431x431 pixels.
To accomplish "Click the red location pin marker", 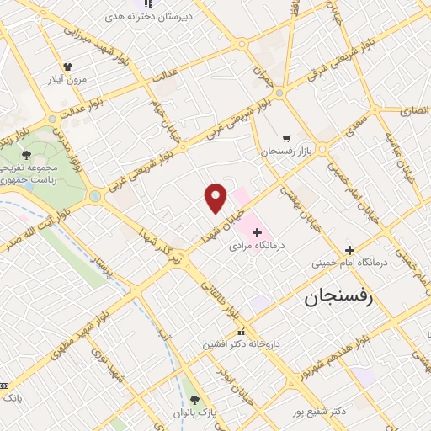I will [216, 196].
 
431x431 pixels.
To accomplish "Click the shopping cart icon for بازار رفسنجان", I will [286, 138].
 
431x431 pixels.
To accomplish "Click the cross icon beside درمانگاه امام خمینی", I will [350, 250].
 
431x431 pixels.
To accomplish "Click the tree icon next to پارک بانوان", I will [196, 400].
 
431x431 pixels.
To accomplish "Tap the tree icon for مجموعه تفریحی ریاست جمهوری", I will [26, 154].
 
